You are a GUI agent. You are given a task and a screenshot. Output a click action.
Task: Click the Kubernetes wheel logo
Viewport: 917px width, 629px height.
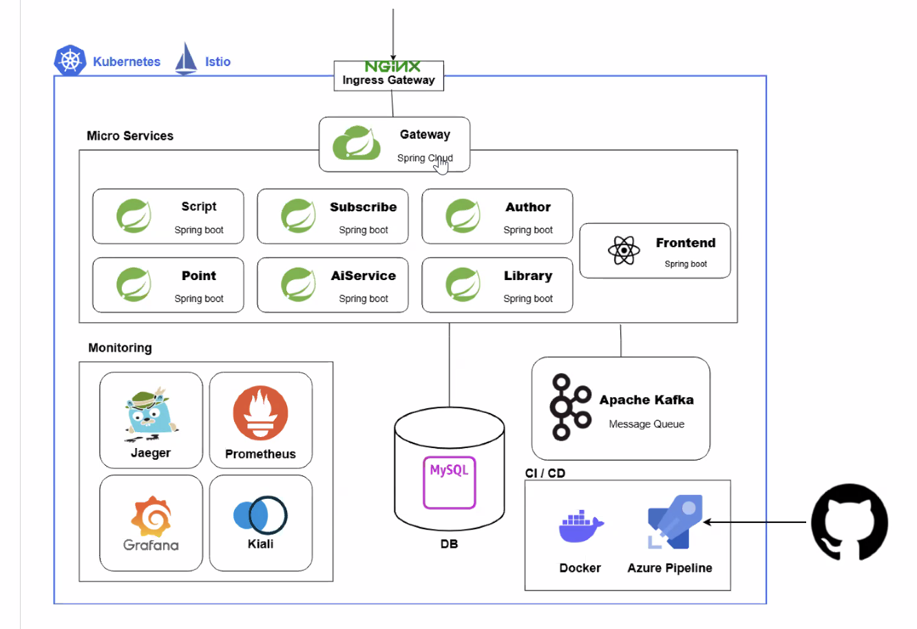pos(70,61)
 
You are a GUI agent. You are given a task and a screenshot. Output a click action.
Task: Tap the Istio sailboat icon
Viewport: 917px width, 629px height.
pos(186,59)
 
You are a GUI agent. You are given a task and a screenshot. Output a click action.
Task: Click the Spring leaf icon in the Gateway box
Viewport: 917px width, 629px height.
pos(356,144)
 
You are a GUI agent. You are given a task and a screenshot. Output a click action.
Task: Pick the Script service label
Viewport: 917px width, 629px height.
pos(199,206)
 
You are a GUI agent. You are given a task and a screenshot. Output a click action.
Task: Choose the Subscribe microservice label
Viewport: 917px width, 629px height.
pos(363,207)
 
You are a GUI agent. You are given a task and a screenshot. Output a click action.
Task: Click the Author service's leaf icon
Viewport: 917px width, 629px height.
pos(463,216)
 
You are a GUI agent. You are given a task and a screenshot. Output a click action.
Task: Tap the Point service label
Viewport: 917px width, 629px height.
pos(199,276)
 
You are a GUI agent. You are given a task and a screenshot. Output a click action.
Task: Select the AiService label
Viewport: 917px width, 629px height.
pos(363,276)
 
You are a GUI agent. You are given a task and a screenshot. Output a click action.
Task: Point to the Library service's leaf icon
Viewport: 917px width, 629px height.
pos(463,285)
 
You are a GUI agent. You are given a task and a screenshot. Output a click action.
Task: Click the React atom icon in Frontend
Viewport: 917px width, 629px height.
pos(624,250)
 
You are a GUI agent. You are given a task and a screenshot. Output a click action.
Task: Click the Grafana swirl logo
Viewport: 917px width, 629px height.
pos(151,516)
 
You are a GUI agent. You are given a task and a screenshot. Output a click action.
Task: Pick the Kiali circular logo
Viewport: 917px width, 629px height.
pos(260,515)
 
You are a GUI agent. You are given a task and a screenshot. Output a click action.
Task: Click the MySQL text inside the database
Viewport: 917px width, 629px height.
pos(449,470)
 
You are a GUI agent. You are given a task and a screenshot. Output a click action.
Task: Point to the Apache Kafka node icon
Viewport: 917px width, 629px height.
pos(569,407)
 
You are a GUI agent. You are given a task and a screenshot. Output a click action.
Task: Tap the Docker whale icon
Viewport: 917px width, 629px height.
pos(580,527)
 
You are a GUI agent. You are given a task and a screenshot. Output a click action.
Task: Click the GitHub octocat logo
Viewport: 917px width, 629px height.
pos(849,522)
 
